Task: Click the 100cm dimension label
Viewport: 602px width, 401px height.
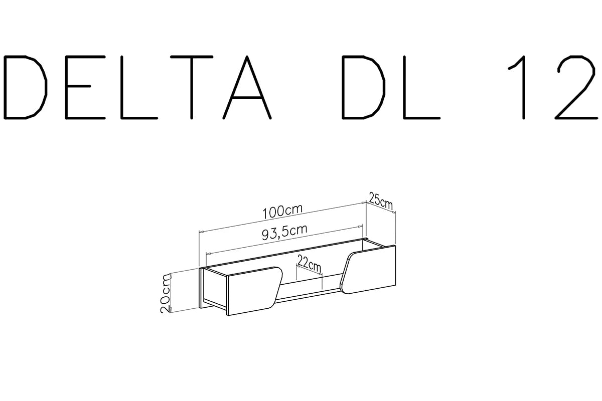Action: [x=282, y=212]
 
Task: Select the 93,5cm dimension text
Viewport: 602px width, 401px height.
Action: [x=284, y=232]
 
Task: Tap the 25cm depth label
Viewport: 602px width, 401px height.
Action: [x=381, y=201]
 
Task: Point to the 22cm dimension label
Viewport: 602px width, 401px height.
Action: [x=309, y=263]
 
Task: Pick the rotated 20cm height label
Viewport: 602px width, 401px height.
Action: [x=165, y=293]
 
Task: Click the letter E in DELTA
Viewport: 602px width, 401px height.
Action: [x=85, y=87]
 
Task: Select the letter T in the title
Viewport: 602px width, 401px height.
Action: [x=192, y=87]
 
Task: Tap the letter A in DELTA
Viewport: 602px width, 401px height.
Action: [x=247, y=87]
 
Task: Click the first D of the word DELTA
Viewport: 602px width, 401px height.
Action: [x=25, y=87]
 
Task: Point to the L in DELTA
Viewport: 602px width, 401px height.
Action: [x=138, y=87]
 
